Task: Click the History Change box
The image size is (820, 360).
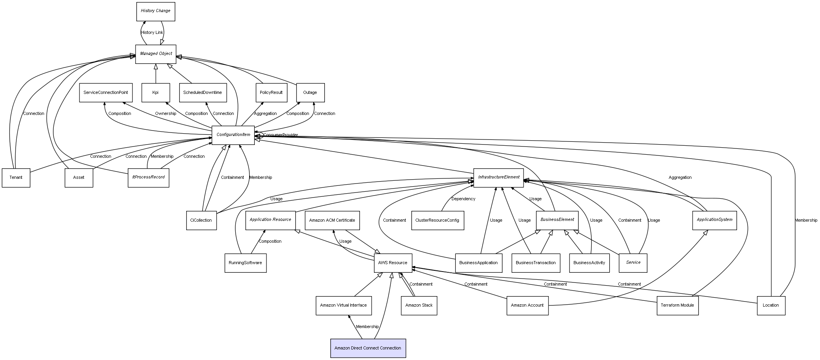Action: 155,11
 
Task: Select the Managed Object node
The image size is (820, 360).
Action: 155,54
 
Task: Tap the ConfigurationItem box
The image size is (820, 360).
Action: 233,135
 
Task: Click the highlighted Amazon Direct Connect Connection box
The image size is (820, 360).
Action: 368,348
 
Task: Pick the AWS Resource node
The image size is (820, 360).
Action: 393,263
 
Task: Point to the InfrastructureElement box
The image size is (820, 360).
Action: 498,177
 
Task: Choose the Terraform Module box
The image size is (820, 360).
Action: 677,305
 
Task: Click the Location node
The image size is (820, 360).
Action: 771,305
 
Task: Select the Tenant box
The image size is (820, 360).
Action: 16,178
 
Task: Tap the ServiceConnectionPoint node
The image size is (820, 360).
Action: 106,93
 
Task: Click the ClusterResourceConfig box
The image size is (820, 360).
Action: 437,220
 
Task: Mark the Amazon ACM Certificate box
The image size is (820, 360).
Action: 332,220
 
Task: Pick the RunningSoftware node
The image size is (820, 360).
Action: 245,263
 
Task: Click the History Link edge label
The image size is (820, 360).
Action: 152,33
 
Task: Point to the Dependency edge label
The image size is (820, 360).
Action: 463,199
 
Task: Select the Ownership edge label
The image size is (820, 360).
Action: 166,114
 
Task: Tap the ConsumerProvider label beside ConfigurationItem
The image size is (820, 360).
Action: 281,135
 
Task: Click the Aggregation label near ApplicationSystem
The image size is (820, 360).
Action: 680,178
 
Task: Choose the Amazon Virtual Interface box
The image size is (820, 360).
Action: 343,305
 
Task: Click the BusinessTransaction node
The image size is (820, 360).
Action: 536,263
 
